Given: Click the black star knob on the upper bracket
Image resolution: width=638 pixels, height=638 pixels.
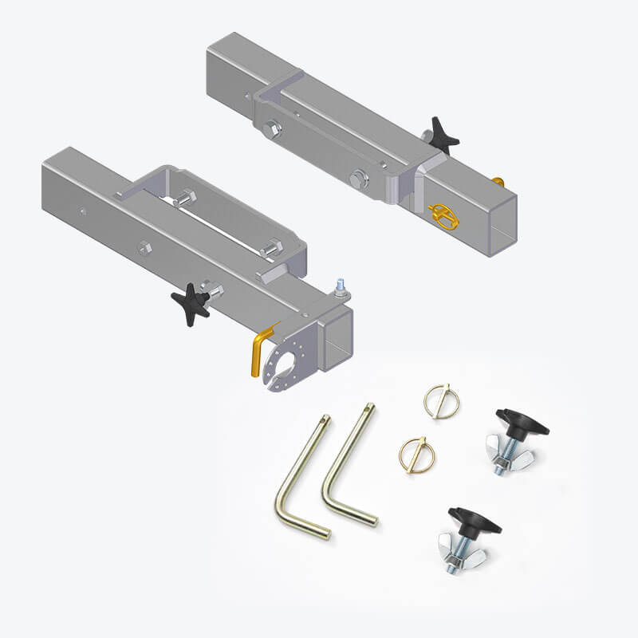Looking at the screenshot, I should pyautogui.click(x=443, y=134).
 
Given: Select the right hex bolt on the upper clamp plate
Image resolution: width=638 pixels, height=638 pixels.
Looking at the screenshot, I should pyautogui.click(x=359, y=179).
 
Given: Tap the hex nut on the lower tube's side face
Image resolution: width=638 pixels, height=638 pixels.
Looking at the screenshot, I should pyautogui.click(x=144, y=246).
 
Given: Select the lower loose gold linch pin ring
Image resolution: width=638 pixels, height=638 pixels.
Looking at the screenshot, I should pyautogui.click(x=415, y=451).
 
